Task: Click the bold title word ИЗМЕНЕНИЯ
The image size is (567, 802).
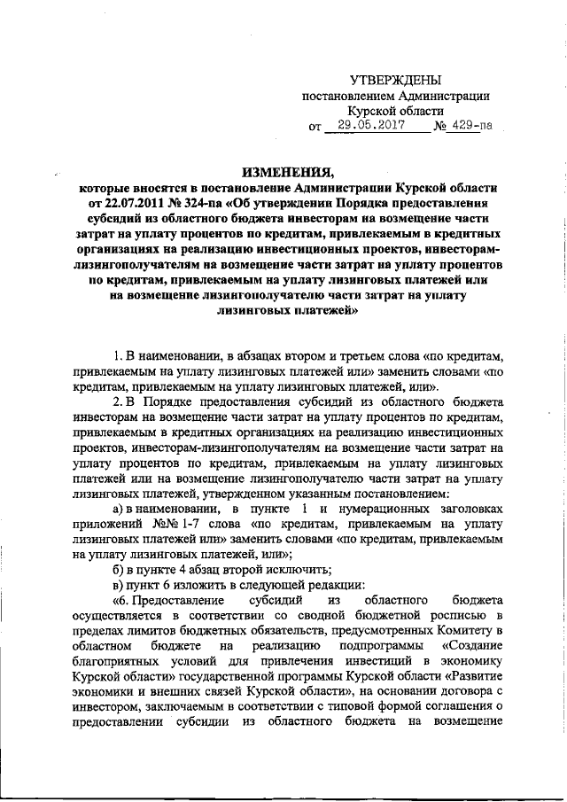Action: point(283,172)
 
